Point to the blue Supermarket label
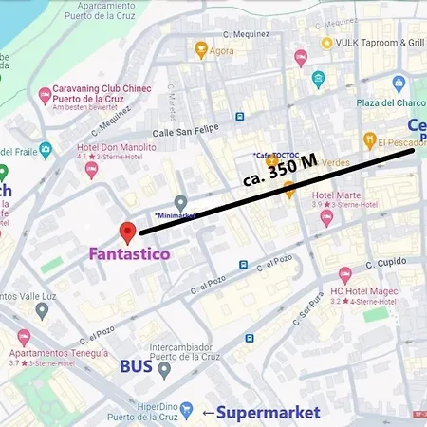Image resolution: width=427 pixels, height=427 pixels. (269, 412)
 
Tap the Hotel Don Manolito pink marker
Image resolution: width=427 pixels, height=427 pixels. (92, 170)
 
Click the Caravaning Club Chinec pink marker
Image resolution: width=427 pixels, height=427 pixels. (45, 96)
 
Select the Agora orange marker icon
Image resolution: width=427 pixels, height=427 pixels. (201, 49)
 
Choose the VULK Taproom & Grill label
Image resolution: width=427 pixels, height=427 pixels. (378, 43)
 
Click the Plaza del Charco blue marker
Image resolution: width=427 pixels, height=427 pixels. (399, 84)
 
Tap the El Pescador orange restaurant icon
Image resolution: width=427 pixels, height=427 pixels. (369, 141)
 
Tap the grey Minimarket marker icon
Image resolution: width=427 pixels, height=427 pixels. (180, 201)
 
